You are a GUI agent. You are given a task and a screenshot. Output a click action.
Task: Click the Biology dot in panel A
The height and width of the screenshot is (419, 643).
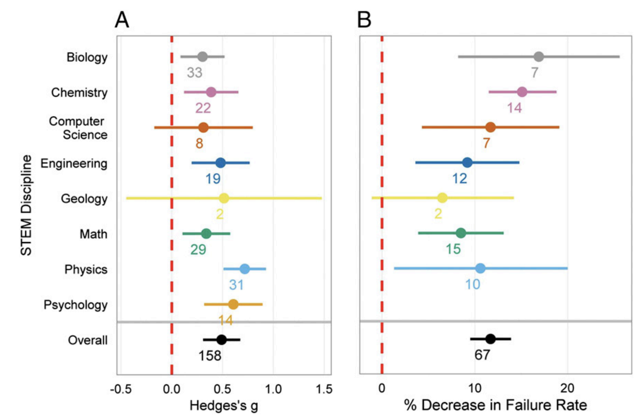pyautogui.click(x=202, y=57)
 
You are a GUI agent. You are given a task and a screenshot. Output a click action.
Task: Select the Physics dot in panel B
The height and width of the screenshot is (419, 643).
pyautogui.click(x=480, y=268)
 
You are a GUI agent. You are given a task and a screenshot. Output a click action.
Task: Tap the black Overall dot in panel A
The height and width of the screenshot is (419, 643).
pyautogui.click(x=222, y=339)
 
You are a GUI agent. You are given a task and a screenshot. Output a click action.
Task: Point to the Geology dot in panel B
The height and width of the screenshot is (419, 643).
pyautogui.click(x=442, y=198)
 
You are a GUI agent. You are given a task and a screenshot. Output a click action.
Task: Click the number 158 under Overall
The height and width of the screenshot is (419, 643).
pyautogui.click(x=210, y=356)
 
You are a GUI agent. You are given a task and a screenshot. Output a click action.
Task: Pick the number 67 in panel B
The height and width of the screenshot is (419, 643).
pyautogui.click(x=482, y=355)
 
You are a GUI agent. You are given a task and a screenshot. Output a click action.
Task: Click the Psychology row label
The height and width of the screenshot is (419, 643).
pyautogui.click(x=75, y=305)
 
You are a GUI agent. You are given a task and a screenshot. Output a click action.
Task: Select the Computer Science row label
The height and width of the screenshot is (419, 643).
pyautogui.click(x=78, y=128)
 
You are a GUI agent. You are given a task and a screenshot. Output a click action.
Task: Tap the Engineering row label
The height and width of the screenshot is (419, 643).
pyautogui.click(x=74, y=163)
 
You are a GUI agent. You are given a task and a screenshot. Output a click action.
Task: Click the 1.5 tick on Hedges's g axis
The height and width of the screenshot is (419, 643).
pyautogui.click(x=324, y=389)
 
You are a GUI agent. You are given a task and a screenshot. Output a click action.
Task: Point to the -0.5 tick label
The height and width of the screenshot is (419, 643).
pyautogui.click(x=120, y=389)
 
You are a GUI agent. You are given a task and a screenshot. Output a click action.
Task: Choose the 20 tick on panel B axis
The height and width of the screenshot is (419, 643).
pyautogui.click(x=567, y=388)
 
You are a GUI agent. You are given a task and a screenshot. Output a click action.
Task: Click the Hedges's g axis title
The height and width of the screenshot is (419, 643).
pyautogui.click(x=224, y=406)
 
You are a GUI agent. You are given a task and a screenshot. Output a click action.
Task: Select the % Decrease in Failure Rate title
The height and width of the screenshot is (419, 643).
pyautogui.click(x=495, y=405)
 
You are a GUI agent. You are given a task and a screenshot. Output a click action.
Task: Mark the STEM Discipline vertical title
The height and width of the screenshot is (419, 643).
pyautogui.click(x=26, y=205)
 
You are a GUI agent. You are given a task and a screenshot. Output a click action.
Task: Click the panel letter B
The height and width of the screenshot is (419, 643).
pyautogui.click(x=364, y=19)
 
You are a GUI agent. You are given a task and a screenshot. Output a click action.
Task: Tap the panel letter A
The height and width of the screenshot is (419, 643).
pyautogui.click(x=122, y=19)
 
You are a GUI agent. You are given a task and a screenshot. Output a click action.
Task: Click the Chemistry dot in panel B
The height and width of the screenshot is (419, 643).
pyautogui.click(x=522, y=92)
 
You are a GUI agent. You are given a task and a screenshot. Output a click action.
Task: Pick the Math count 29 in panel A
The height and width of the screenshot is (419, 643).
pyautogui.click(x=198, y=250)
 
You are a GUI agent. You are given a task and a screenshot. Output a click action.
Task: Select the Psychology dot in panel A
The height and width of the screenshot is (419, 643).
pyautogui.click(x=233, y=304)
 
